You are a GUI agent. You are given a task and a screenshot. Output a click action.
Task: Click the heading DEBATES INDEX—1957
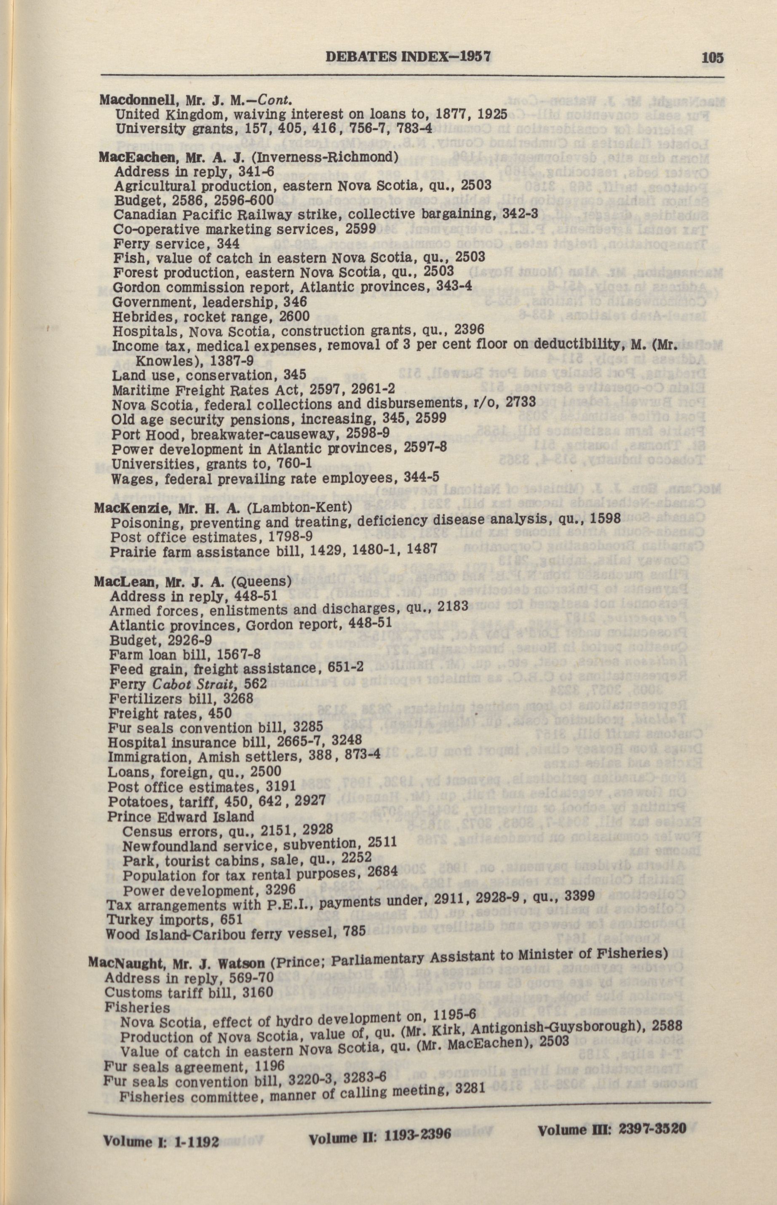(408, 56)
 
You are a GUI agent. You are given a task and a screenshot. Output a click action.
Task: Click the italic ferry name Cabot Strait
(184, 684)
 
